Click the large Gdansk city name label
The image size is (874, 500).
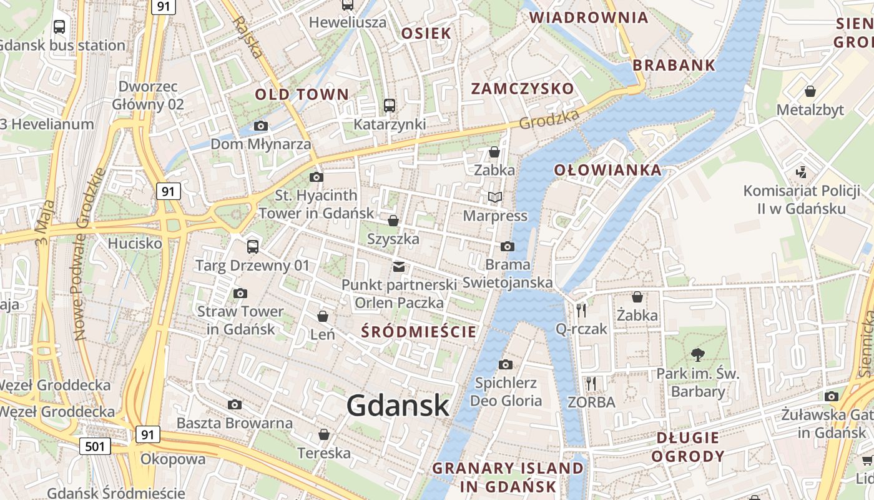pos(398,405)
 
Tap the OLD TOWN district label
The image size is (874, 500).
pos(302,94)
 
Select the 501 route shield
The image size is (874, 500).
pos(96,446)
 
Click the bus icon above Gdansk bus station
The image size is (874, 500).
pos(59,27)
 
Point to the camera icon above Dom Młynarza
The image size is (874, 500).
pos(261,126)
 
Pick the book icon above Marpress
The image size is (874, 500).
pos(495,197)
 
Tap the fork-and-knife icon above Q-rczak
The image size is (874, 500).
pos(581,309)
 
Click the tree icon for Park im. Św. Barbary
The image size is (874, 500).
pos(697,355)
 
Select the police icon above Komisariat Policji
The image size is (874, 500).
pos(802,172)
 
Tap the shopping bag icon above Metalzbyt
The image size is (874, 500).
pos(810,91)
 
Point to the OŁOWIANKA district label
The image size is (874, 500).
pos(607,170)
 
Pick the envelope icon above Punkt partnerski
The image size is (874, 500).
pos(398,267)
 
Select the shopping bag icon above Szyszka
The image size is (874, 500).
pos(393,221)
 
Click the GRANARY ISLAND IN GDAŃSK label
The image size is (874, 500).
pos(508,477)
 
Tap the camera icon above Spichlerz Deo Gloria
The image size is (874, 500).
pos(506,364)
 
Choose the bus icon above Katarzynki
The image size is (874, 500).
pos(390,106)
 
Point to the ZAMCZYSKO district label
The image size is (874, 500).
pos(522,88)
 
